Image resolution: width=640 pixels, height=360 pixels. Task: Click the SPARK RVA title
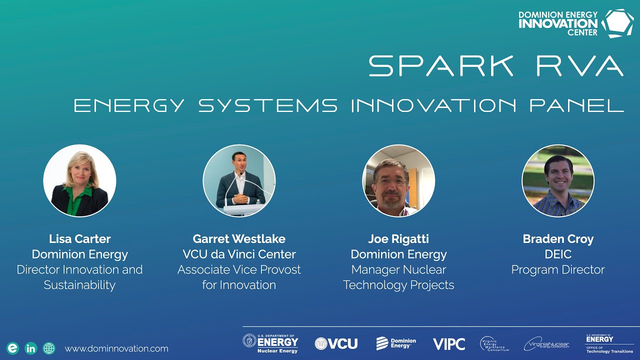pos(495,65)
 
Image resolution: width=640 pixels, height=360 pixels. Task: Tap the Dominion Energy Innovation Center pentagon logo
pos(617,23)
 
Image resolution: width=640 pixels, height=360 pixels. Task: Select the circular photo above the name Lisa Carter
pos(79,180)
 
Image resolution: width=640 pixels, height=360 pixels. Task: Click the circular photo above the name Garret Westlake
pos(239,180)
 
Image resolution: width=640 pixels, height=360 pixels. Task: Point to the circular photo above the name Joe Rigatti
pos(398,180)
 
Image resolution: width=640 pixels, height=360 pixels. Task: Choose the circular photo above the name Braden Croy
pos(558,180)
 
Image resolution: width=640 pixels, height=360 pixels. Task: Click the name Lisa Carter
pos(79,239)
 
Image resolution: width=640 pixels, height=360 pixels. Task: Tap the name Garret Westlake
pos(239,239)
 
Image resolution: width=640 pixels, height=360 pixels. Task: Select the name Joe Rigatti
pos(398,239)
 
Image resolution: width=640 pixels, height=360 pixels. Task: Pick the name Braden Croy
pos(558,239)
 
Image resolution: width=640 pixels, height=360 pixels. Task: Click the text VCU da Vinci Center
pos(239,254)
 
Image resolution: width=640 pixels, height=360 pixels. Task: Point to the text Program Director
pos(558,270)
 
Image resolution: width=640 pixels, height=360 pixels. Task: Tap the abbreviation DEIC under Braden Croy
pos(558,254)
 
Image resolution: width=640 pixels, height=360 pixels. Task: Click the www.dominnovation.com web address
pos(116,348)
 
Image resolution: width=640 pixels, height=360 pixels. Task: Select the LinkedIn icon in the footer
pos(30,348)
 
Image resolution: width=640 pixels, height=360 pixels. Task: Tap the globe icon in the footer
pos(49,348)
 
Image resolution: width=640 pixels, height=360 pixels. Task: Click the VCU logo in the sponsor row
pos(336,343)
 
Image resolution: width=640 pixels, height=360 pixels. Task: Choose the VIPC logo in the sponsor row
pos(449,344)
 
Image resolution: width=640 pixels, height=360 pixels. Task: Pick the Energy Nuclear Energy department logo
pos(270,343)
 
